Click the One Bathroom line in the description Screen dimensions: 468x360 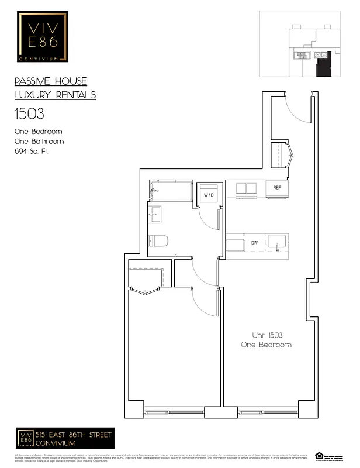[39, 142]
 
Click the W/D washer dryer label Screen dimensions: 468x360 [209, 195]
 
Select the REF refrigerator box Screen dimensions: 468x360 [276, 188]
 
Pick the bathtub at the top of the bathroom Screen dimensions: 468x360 [171, 190]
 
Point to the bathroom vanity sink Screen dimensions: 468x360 [155, 215]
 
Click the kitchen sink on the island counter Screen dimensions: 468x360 [277, 242]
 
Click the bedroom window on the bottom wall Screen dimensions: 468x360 [173, 412]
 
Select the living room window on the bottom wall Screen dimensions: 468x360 [266, 412]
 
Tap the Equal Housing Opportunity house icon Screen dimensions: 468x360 [319, 455]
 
